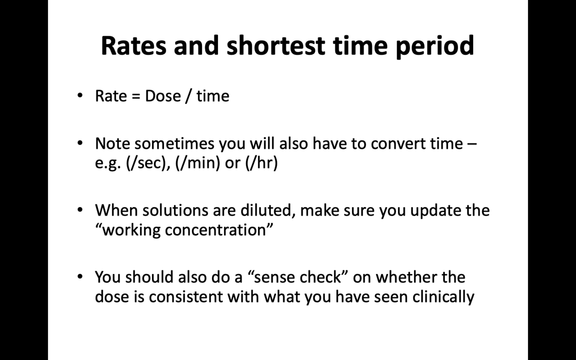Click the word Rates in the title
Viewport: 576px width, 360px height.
(134, 46)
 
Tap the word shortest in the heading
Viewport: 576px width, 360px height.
(276, 46)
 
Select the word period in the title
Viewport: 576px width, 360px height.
(435, 46)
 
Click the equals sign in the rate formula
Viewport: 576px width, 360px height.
(136, 96)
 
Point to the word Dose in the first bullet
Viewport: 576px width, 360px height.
(163, 96)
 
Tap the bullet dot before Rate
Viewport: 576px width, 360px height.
(80, 95)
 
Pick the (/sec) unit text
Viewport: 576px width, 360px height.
(146, 163)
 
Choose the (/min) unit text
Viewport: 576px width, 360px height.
(197, 163)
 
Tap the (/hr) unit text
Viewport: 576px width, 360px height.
(262, 163)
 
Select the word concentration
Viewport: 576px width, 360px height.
(215, 230)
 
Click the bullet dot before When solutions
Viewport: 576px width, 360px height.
(80, 210)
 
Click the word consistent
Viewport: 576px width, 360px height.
(186, 297)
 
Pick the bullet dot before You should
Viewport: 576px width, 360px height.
(80, 277)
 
